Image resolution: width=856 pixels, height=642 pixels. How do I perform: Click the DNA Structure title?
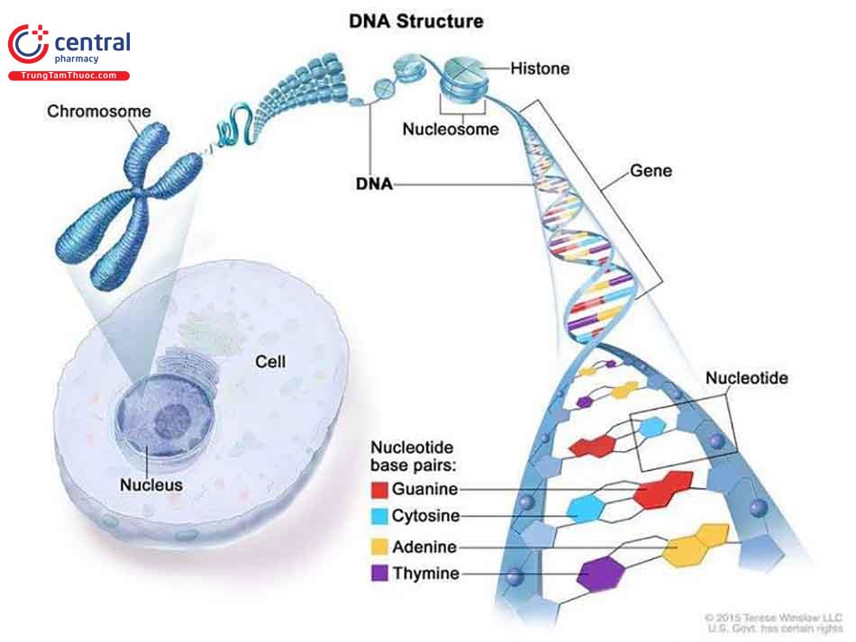416,21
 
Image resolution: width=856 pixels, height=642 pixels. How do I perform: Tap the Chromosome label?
99,113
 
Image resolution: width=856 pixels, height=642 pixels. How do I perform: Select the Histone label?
540,68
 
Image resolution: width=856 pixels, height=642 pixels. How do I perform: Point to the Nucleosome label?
451,129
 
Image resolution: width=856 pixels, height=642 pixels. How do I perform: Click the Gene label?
651,170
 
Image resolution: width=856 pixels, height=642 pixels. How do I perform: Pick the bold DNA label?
373,185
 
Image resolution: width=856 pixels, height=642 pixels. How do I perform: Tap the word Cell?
270,361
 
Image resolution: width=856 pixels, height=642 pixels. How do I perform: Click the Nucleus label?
151,484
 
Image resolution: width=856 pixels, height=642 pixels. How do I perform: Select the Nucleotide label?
747,378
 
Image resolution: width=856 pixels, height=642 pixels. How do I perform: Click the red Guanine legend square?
380,490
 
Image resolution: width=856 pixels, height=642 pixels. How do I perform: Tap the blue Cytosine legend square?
380,516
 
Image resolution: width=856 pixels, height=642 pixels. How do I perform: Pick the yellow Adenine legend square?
380,547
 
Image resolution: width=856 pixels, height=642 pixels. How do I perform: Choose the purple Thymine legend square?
380,574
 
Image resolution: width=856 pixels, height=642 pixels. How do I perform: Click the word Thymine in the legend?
427,574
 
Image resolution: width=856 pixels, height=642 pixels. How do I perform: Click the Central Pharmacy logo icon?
28,43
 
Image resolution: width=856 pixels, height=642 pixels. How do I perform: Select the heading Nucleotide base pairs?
413,457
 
